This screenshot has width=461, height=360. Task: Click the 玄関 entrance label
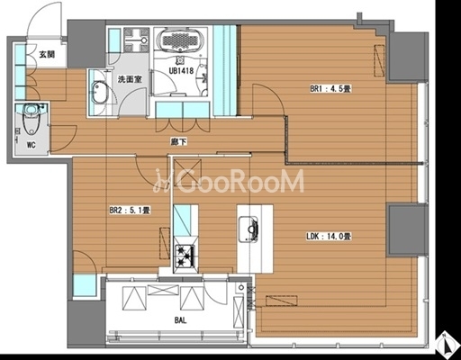47,55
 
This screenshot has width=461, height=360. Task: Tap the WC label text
32,145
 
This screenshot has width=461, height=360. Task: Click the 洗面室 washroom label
130,79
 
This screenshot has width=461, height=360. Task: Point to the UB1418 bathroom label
181,71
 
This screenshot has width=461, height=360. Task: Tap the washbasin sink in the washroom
98,93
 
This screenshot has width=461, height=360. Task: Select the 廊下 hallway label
179,141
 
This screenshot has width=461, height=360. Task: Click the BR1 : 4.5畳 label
330,89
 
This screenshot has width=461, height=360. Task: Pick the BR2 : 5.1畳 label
130,210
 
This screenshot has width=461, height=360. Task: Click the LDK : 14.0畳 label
329,237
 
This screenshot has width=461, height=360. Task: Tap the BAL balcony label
180,320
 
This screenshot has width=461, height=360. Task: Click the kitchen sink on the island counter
249,229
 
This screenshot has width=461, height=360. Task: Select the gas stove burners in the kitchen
185,256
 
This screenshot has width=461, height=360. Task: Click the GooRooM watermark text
229,181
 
